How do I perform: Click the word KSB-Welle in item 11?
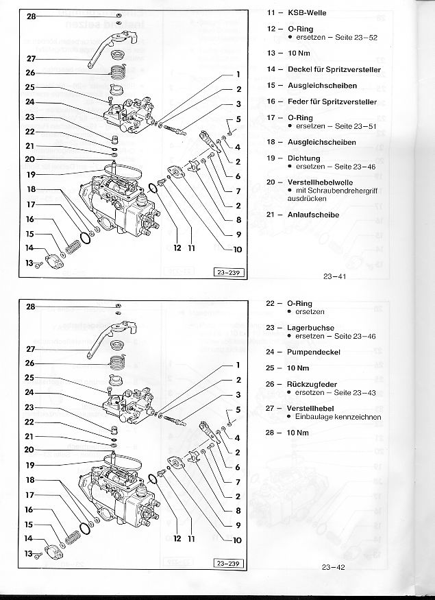(308, 13)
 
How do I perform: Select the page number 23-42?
(333, 567)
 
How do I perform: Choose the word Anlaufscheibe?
(313, 215)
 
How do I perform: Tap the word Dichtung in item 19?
(303, 158)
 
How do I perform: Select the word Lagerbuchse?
(310, 328)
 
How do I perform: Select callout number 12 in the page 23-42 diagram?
(177, 539)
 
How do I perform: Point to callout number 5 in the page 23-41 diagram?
(238, 120)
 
